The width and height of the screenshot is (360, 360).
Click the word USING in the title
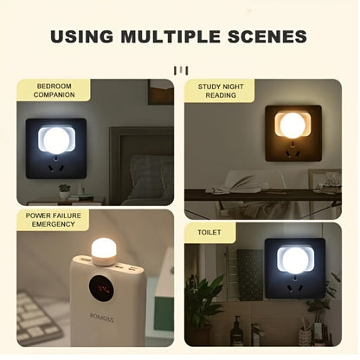point(85,36)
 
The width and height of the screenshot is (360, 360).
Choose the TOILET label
point(203,233)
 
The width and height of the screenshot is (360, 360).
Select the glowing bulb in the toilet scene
point(292,258)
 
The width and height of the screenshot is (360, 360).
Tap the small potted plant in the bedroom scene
point(63,190)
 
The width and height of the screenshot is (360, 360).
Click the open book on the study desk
point(237,183)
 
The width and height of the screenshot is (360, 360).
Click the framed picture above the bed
point(160,90)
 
